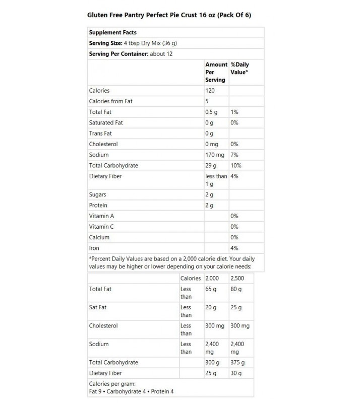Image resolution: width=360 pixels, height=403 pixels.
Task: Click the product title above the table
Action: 169,15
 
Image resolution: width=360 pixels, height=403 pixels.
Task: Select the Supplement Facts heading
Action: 112,32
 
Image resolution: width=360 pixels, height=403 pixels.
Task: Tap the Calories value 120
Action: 210,91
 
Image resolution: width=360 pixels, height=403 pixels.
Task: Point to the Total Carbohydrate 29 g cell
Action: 210,165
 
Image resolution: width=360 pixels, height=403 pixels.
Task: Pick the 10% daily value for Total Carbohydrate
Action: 235,165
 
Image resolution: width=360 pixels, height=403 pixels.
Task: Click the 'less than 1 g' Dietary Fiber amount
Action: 216,180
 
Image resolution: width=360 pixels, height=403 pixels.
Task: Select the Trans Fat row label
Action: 100,133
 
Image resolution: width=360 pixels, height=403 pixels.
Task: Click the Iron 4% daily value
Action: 234,248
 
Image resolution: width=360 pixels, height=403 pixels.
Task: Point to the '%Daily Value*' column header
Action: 239,69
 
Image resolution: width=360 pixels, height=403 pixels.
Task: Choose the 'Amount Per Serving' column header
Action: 216,72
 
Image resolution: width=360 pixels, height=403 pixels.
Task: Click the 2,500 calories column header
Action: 236,278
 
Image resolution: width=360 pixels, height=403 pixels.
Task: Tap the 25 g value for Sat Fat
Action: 235,307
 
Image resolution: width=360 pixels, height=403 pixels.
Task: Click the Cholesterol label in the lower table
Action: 103,325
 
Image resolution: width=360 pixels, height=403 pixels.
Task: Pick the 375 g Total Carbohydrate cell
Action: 236,362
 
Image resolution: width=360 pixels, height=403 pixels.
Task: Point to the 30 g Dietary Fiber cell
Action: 235,373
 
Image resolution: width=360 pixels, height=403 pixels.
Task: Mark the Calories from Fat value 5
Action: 207,101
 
